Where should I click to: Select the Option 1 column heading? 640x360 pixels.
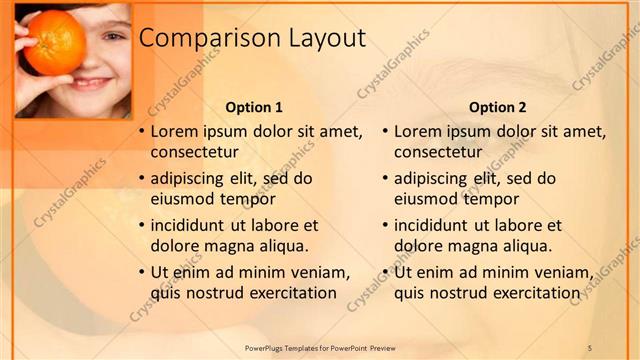point(254,107)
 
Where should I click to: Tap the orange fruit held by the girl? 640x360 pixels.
point(54,42)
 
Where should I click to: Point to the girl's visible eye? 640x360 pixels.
point(111,37)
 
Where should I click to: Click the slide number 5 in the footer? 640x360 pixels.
point(590,347)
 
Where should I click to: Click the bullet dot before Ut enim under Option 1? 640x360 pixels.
point(141,272)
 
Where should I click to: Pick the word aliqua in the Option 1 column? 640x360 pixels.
point(283,246)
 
